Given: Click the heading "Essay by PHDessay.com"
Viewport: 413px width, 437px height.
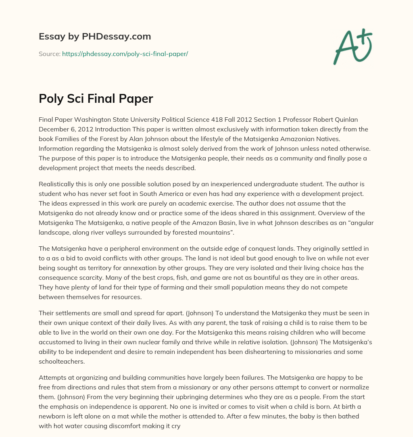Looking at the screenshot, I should [x=95, y=37].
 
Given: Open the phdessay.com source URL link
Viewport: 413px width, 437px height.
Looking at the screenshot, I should [x=125, y=54].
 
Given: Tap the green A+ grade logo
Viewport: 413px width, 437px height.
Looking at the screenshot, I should [x=353, y=46].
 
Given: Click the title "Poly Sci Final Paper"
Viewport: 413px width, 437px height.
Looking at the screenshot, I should [x=96, y=99].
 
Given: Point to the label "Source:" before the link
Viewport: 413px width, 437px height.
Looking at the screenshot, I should [x=49, y=54].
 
